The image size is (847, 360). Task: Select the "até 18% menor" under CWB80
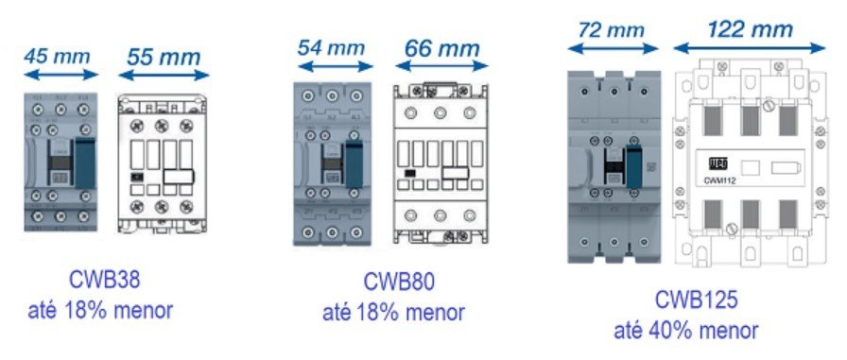click(x=394, y=311)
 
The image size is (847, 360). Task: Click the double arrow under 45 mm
click(x=60, y=75)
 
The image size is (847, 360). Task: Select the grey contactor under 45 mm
click(x=60, y=162)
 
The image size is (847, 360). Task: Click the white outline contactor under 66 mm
click(x=440, y=166)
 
